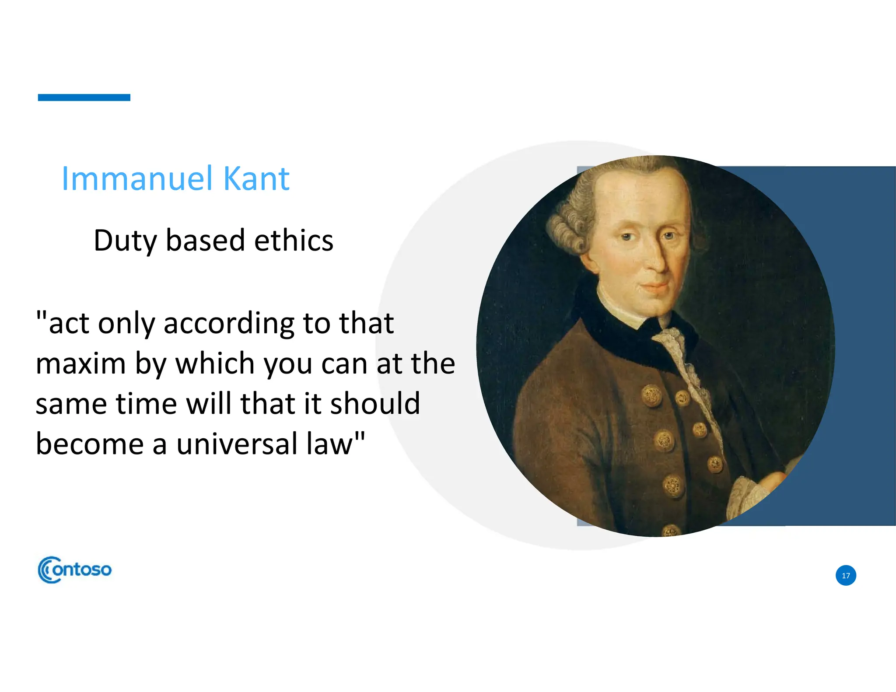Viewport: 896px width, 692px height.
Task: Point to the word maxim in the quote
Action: pyautogui.click(x=80, y=363)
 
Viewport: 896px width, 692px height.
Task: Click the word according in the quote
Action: pyautogui.click(x=229, y=324)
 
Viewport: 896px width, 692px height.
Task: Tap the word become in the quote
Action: pyautogui.click(x=90, y=444)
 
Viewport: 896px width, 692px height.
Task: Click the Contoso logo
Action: pyautogui.click(x=75, y=570)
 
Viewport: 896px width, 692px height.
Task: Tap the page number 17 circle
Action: pyautogui.click(x=846, y=576)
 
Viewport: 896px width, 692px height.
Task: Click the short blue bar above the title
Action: pyautogui.click(x=84, y=98)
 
